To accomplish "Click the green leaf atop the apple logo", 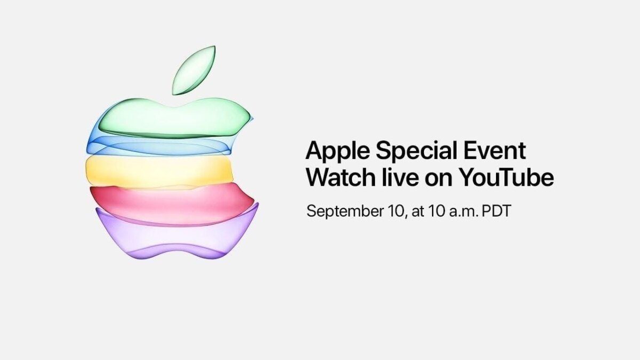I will [x=194, y=70].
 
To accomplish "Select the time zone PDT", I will [x=496, y=211].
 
